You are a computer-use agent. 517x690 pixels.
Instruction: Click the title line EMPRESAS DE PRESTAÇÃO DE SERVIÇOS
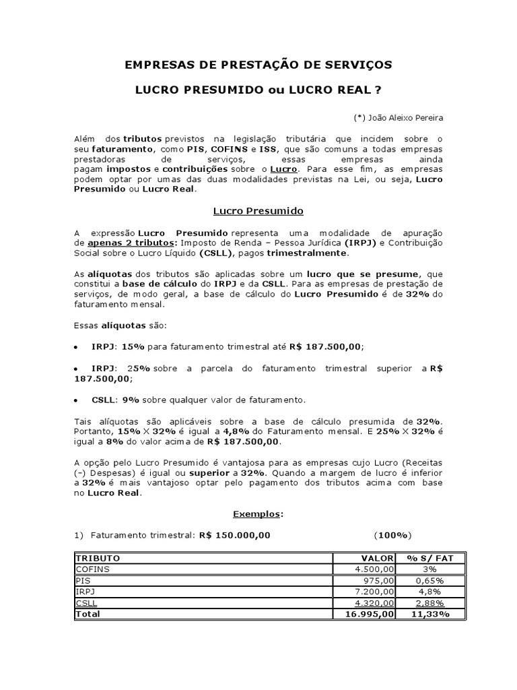point(258,65)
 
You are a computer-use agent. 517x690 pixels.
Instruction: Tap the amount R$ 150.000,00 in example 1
point(234,535)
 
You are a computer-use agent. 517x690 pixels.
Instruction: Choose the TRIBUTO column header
point(98,559)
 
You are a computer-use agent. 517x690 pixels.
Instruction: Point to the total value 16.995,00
point(371,614)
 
